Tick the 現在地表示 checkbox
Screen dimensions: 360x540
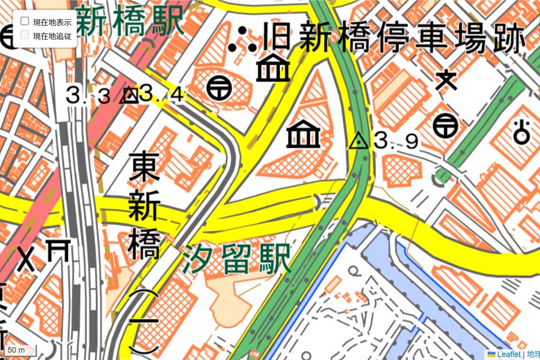pyautogui.click(x=25, y=21)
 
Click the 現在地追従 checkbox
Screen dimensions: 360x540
pyautogui.click(x=25, y=35)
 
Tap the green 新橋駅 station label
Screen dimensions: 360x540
pyautogui.click(x=129, y=22)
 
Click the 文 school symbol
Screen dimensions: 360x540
pyautogui.click(x=446, y=80)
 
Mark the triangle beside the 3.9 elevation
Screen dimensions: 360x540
pyautogui.click(x=359, y=141)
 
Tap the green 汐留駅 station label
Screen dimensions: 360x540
pyautogui.click(x=238, y=258)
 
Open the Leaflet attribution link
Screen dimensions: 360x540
pyautogui.click(x=504, y=354)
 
